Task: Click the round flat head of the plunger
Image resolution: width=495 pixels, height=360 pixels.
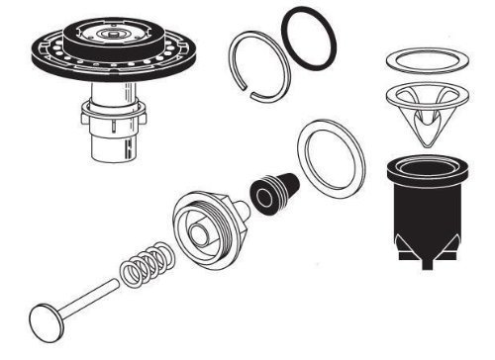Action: click(46, 321)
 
